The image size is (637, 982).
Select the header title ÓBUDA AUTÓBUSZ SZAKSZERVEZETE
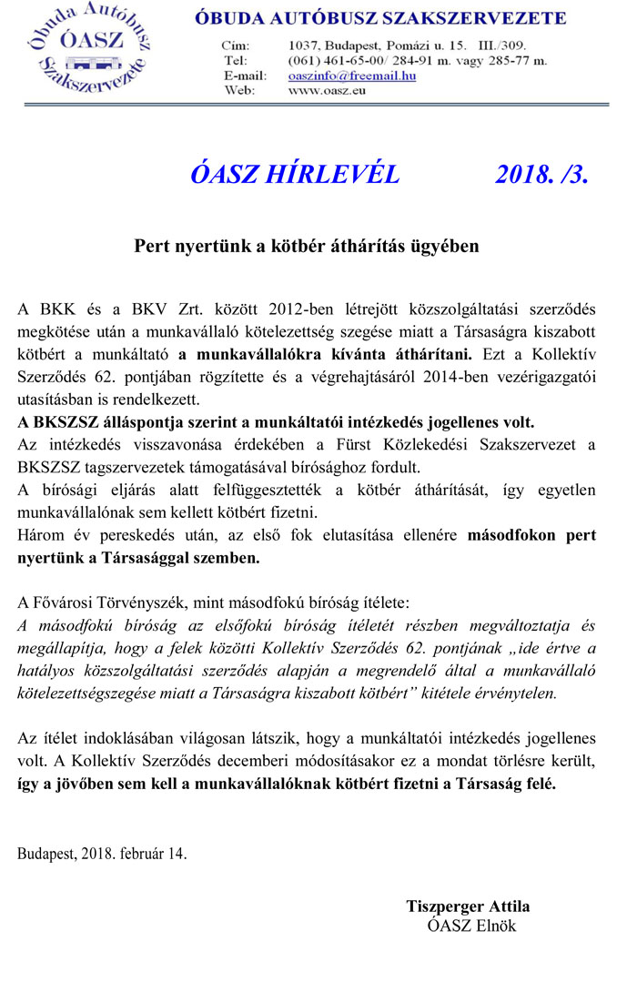379,18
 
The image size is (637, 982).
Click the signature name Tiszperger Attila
468,906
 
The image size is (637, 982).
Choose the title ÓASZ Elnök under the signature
471,926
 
